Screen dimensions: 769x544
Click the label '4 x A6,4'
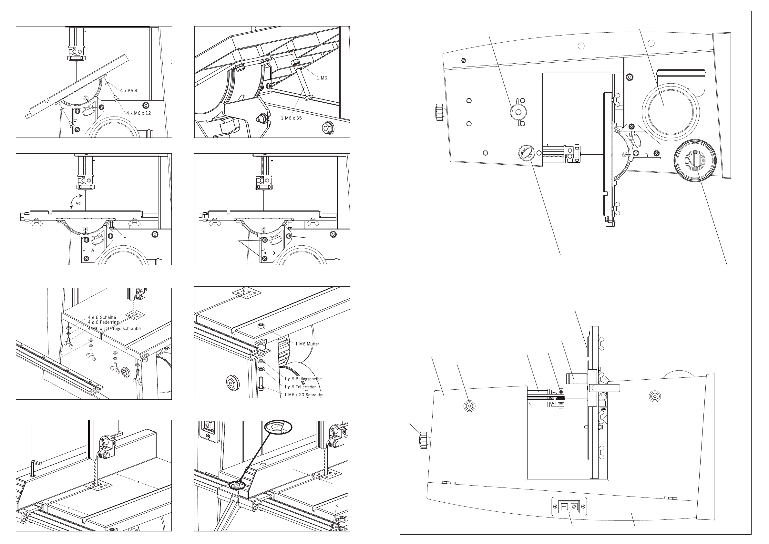[x=128, y=90]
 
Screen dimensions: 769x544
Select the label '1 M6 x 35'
[x=291, y=118]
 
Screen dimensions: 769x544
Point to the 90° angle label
[x=79, y=203]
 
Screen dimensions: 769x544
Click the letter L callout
[x=124, y=236]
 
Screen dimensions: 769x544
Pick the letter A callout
[x=93, y=250]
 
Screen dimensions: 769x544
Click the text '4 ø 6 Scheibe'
[x=102, y=317]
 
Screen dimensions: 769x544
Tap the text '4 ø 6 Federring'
[x=103, y=322]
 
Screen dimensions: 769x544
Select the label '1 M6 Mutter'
[x=307, y=344]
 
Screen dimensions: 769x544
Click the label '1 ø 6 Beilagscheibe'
[x=303, y=379]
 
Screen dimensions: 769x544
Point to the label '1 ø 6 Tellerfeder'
[x=300, y=387]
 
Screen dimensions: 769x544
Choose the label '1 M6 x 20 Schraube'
[x=304, y=395]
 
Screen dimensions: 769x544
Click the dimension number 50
[x=313, y=476]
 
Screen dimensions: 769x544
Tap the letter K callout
[x=337, y=506]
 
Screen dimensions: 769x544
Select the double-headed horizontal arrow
[x=270, y=253]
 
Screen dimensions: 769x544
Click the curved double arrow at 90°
[x=75, y=201]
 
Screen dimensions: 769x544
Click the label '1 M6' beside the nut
[x=322, y=78]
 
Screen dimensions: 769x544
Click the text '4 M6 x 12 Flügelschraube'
[x=114, y=328]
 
